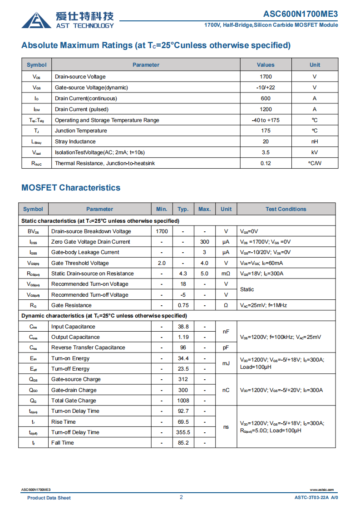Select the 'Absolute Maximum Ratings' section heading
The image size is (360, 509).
point(156,45)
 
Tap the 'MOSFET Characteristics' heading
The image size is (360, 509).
point(71,188)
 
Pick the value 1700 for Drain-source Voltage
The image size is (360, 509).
point(266,77)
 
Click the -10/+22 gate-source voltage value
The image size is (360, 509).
point(266,88)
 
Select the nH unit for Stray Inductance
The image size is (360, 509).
point(315,142)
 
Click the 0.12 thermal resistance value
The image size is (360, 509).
point(266,163)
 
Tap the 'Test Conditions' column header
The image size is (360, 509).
point(286,209)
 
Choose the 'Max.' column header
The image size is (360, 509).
point(205,209)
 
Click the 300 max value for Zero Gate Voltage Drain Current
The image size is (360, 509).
point(205,242)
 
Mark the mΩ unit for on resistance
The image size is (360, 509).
point(226,274)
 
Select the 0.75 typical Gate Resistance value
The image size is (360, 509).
point(183,305)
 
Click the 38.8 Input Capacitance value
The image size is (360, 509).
point(183,327)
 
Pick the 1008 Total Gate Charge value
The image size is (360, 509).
point(183,401)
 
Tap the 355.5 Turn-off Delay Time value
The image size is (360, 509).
point(183,432)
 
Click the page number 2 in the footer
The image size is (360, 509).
point(181,497)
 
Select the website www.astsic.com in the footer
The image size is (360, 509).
point(321,490)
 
